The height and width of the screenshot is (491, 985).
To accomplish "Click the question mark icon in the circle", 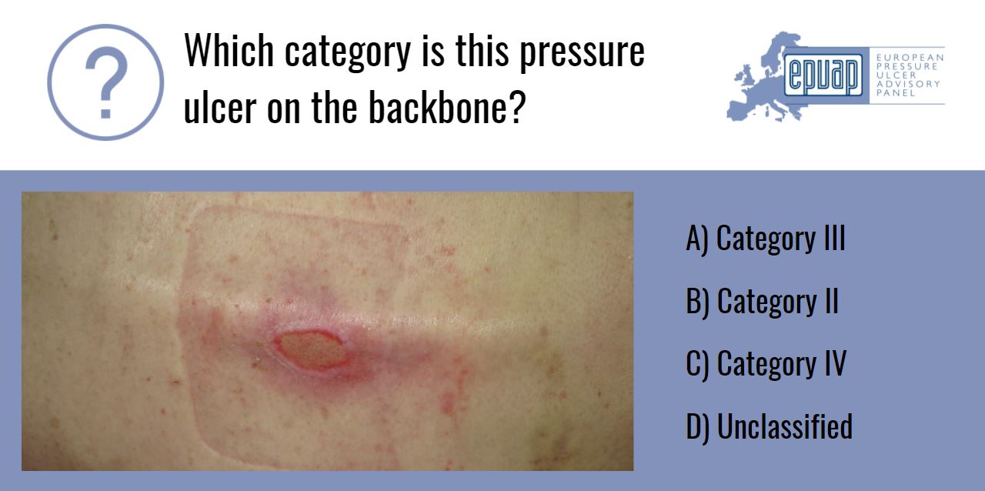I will tap(105, 82).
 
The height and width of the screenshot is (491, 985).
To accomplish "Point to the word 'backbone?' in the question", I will tap(446, 109).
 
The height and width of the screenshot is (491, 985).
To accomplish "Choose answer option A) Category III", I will tap(765, 239).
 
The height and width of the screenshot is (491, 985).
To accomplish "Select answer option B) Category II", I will tap(762, 302).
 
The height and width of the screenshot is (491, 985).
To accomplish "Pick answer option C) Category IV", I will tap(766, 363).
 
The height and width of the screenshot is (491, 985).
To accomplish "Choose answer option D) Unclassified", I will tap(769, 426).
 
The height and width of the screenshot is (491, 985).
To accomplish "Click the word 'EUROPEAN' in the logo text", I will tap(910, 58).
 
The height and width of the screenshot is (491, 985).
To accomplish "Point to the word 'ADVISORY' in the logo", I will tap(909, 84).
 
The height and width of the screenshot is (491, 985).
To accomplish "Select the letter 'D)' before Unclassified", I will tap(697, 426).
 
